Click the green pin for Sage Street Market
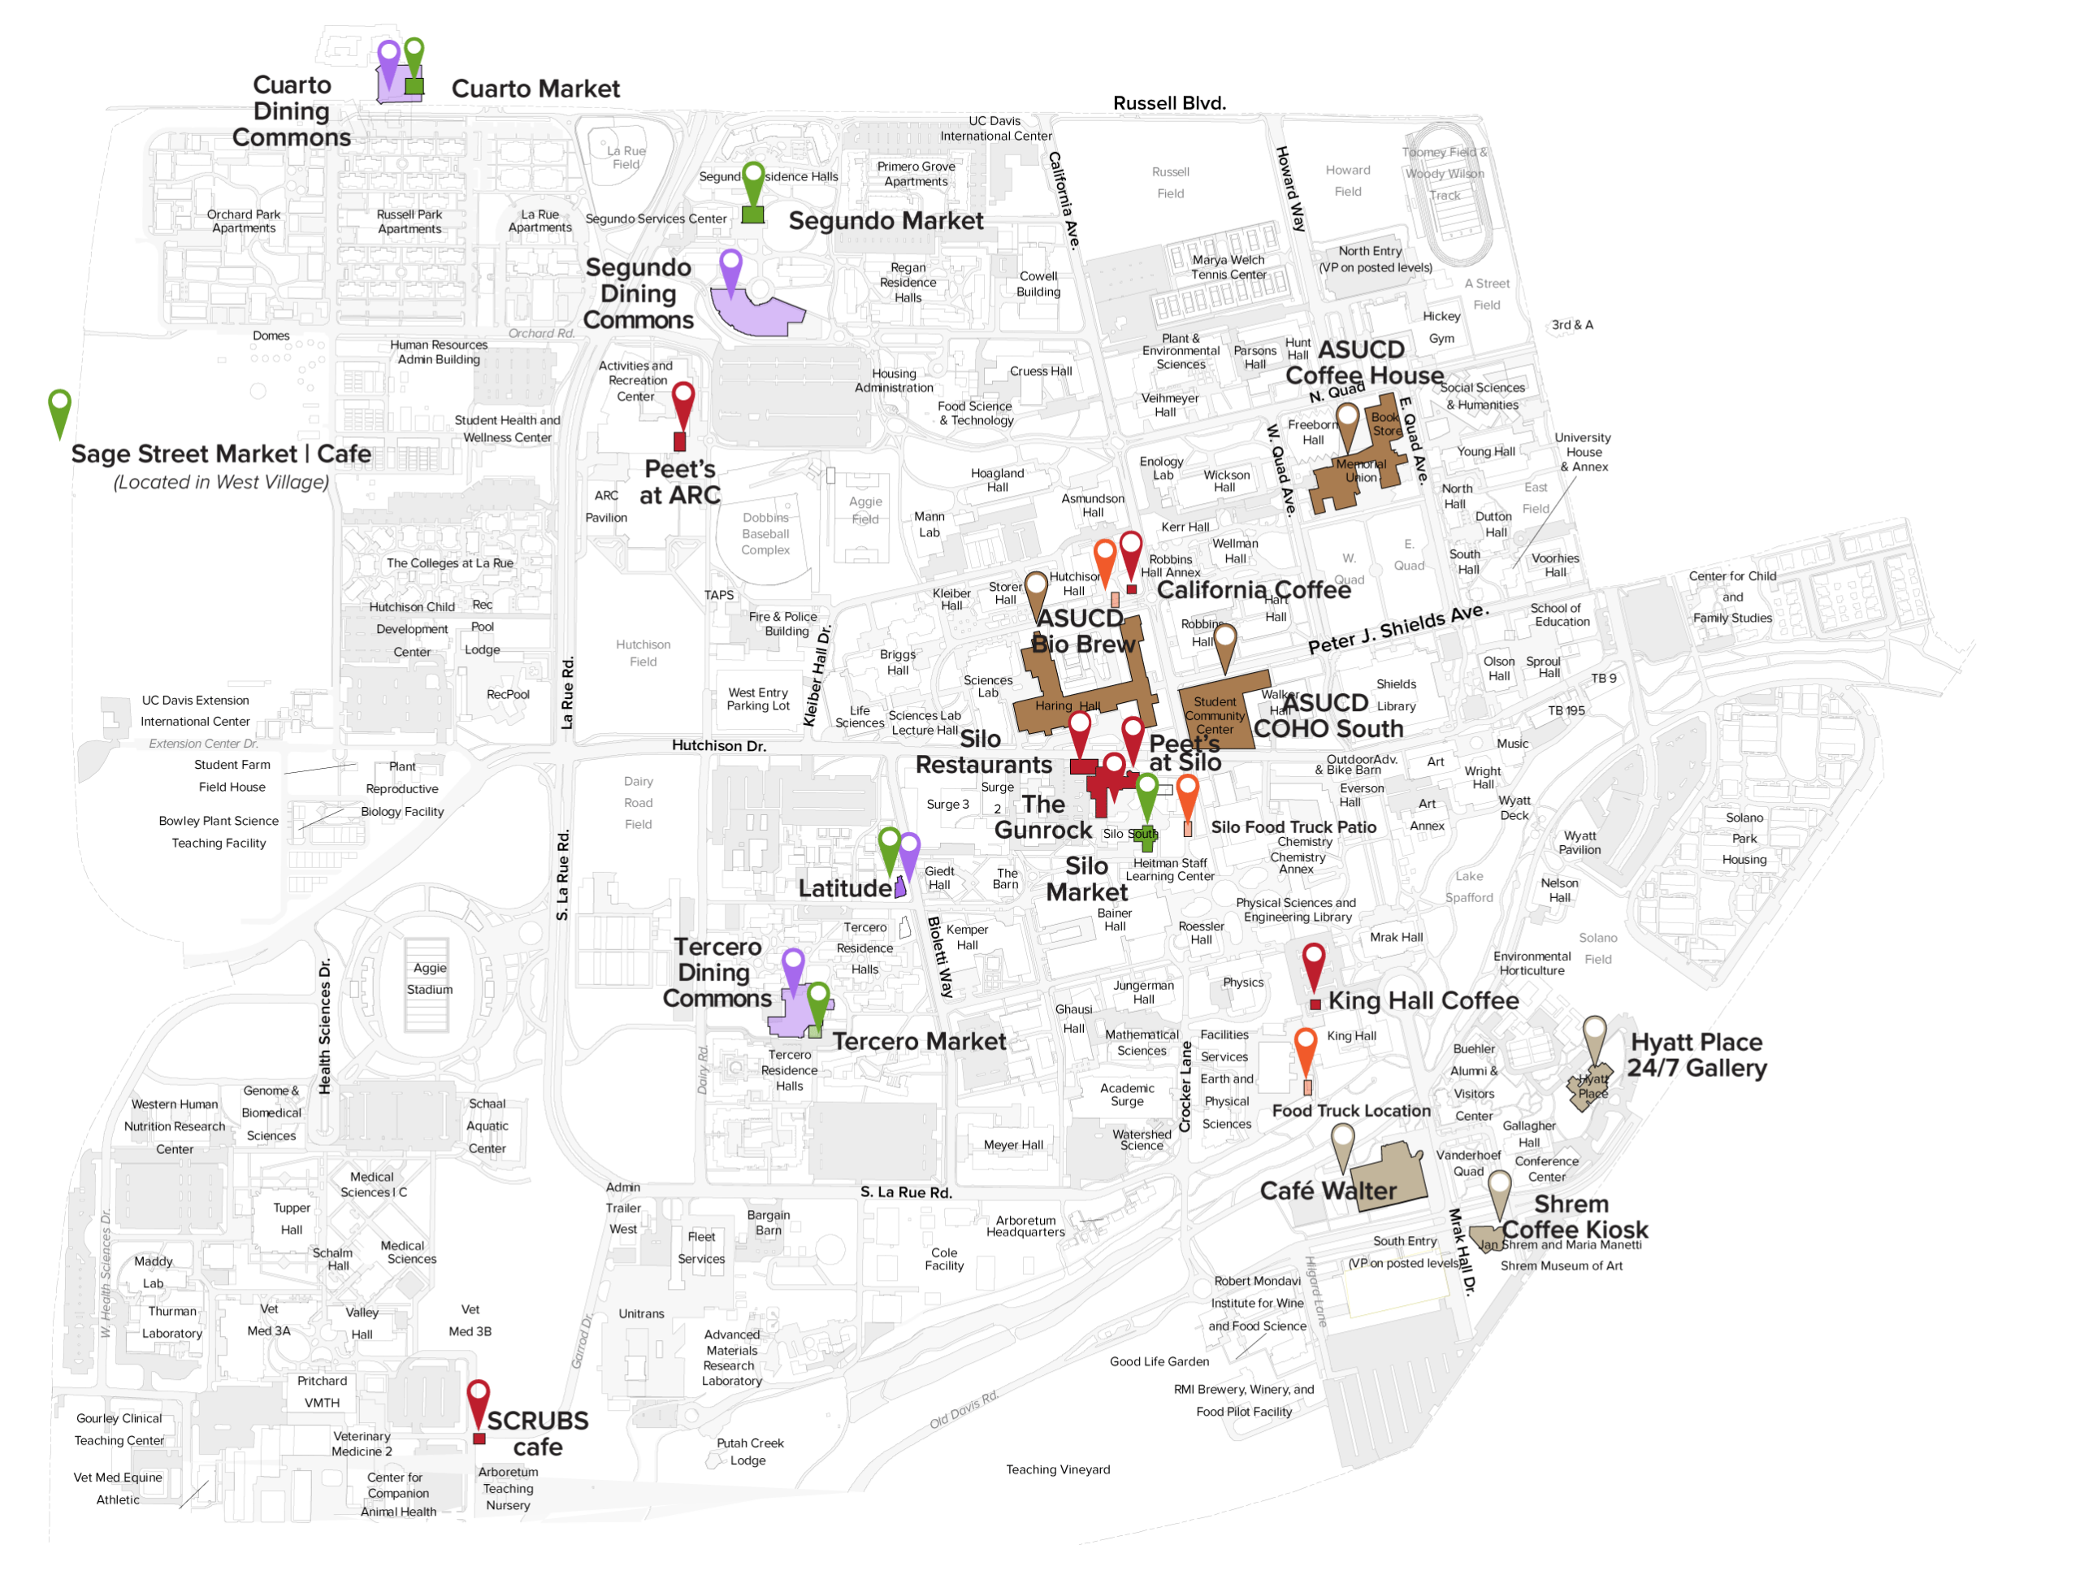click(x=59, y=408)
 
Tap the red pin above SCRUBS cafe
click(x=478, y=1397)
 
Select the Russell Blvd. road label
click(x=1169, y=103)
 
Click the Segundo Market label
click(x=885, y=221)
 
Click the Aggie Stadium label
click(x=430, y=978)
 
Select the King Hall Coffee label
click(x=1422, y=1000)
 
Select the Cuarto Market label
click(x=535, y=89)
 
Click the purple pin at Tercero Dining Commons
click(x=793, y=965)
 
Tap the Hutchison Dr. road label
click(x=718, y=746)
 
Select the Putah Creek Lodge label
click(x=749, y=1451)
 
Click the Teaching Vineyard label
click(x=1058, y=1469)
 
